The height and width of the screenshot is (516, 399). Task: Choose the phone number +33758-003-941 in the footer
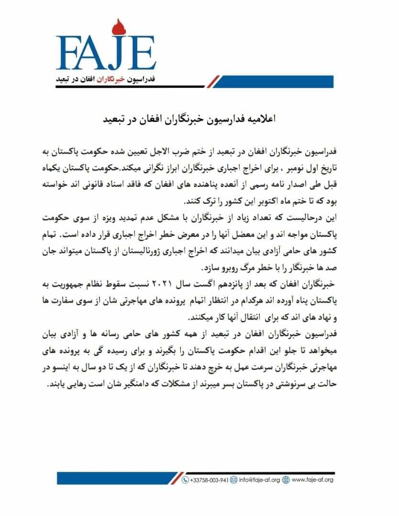click(209, 479)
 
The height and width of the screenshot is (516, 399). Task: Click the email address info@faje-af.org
click(258, 479)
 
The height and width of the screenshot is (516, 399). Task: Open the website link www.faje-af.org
click(312, 479)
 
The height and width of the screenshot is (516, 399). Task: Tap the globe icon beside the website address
click(286, 479)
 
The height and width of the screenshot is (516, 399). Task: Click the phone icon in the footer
click(185, 479)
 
